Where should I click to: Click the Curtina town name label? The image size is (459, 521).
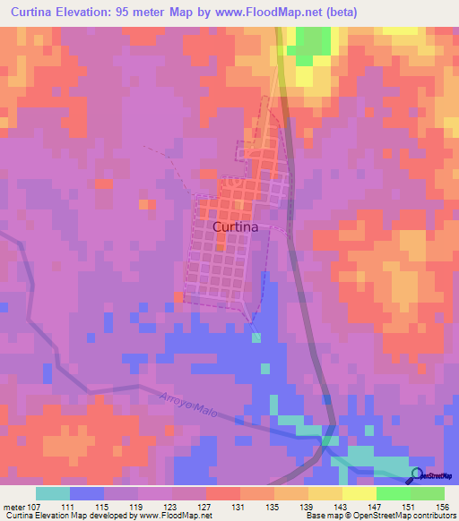coord(236,227)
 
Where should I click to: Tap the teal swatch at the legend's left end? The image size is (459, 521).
coord(53,493)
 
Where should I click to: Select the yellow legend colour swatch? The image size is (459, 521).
coord(359,493)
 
